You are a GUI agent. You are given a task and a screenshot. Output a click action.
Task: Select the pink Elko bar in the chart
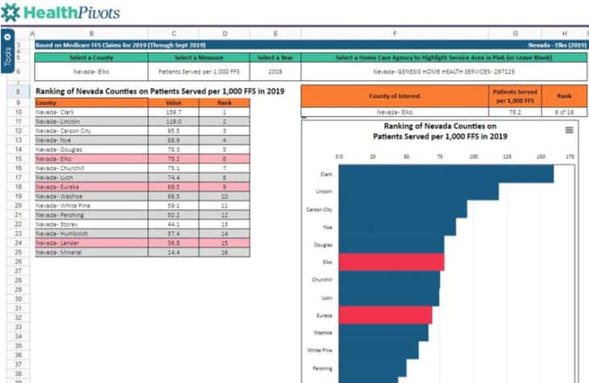[391, 262]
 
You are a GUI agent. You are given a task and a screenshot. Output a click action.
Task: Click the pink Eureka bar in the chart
[385, 314]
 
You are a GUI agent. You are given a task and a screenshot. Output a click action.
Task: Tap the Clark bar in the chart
[445, 174]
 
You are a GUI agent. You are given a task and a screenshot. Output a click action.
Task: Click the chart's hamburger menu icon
[569, 130]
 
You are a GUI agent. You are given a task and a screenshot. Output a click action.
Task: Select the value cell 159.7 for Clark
[173, 112]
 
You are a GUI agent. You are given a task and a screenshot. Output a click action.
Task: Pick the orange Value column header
[173, 103]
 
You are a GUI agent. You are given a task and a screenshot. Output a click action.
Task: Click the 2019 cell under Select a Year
[276, 72]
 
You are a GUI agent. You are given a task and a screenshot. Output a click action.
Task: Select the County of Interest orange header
[395, 96]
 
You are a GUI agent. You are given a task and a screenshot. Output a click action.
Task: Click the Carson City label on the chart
[320, 209]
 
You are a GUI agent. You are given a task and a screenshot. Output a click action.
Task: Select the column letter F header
[395, 34]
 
